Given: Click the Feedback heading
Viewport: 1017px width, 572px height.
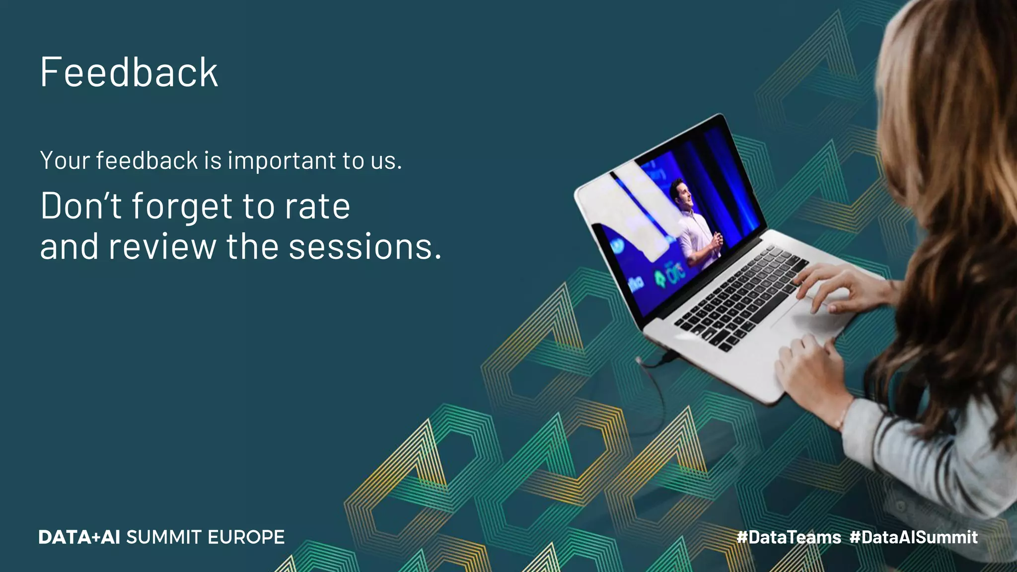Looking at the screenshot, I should coord(129,72).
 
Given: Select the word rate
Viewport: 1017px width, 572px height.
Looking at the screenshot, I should coord(317,206).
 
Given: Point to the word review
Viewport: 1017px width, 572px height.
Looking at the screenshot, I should coord(162,247).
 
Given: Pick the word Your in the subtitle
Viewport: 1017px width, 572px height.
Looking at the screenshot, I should coord(65,161).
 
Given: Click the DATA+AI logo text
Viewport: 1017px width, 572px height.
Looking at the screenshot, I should coord(79,537).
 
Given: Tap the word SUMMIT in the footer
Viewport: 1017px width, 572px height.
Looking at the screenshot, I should coord(164,537).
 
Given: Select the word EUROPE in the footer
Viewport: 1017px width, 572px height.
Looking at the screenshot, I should coord(246,537).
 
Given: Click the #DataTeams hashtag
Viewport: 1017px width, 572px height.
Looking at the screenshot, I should coord(789,537).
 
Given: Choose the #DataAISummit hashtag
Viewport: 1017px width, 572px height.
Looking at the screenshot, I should coord(913,537).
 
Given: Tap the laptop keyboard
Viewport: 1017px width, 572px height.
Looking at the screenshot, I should coord(740,298).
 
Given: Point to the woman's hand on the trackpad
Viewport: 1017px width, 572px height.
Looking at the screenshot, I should coord(834,288).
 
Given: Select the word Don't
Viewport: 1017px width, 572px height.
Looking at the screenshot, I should coord(81,206).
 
